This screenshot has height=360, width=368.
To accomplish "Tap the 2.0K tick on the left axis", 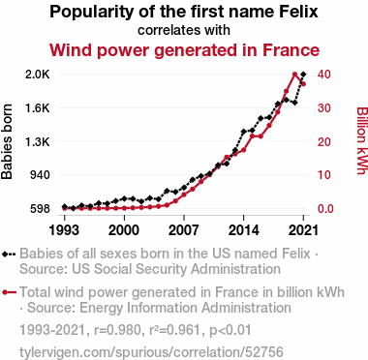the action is [x=38, y=75].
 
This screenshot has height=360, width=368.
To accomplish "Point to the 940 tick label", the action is [x=40, y=175].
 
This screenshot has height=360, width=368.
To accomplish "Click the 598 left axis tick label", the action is [x=40, y=209].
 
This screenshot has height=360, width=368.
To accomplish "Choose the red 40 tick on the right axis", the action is [x=323, y=75].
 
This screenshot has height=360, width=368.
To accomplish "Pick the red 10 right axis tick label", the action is [x=323, y=175].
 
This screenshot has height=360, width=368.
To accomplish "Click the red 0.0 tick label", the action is [x=326, y=209].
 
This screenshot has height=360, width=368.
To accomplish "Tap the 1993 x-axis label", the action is [x=64, y=230].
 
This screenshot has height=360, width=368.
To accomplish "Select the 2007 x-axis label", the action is [x=184, y=230].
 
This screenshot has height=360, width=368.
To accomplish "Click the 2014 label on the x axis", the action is [x=243, y=230].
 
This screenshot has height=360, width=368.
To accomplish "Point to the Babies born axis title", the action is [x=7, y=141].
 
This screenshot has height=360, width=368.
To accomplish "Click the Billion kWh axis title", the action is [x=362, y=140].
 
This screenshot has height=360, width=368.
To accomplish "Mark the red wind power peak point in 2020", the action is [x=294, y=75].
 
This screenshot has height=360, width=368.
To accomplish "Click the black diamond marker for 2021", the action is [x=303, y=75].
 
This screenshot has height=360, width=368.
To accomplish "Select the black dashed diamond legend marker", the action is [x=9, y=254].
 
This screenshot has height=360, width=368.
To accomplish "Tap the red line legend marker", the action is [x=9, y=292].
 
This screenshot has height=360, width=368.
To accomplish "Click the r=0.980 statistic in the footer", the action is [x=117, y=330].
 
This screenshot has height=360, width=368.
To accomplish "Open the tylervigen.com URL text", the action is [x=151, y=351].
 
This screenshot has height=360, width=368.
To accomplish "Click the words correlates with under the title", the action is [x=184, y=30].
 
